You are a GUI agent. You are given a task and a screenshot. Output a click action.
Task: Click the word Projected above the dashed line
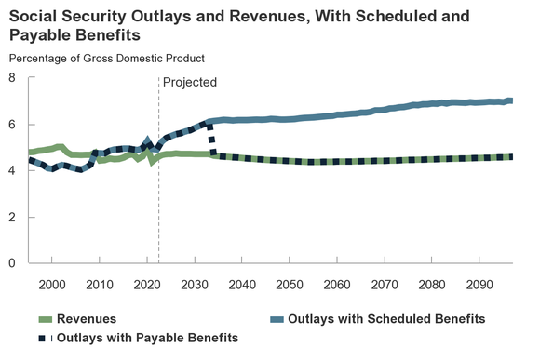click(189, 82)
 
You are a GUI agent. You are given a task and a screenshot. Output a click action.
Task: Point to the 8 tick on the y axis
click(13, 78)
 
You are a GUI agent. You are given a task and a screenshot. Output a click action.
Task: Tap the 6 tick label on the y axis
click(13, 125)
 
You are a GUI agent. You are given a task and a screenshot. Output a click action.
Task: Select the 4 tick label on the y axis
click(13, 171)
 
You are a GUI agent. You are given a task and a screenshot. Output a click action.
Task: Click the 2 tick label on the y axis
click(13, 218)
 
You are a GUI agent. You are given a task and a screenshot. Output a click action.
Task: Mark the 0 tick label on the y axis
click(13, 263)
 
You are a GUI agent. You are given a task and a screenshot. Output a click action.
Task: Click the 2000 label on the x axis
click(52, 283)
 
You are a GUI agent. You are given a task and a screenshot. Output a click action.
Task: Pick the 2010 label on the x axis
click(100, 283)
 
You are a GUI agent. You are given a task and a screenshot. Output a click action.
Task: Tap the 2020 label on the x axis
click(147, 283)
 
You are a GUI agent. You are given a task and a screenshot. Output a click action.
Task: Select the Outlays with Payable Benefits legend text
click(148, 338)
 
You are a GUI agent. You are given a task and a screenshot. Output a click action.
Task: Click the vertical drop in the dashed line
click(213, 140)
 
